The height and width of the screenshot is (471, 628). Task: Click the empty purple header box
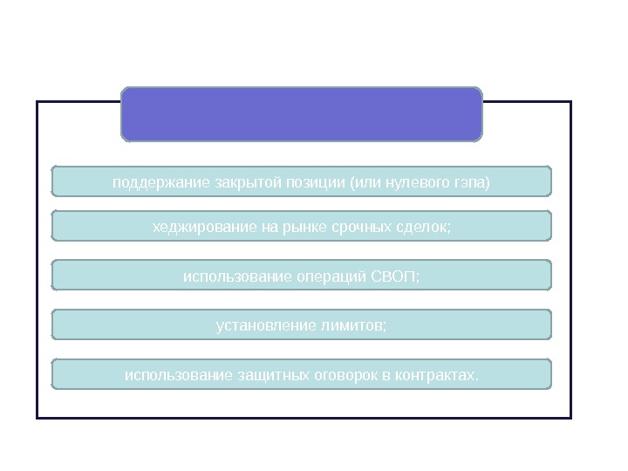[301, 113]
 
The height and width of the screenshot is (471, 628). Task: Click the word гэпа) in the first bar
[471, 183]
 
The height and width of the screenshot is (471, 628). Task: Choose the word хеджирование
[203, 228]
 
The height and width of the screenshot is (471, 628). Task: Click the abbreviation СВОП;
[395, 276]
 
